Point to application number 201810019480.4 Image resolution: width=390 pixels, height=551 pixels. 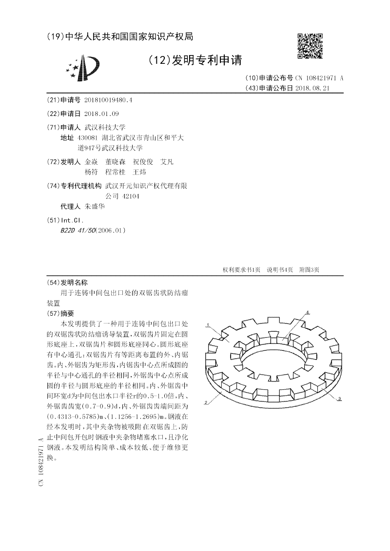coord(108,100)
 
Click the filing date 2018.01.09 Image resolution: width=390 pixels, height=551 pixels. coord(101,114)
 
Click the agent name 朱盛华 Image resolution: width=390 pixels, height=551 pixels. coord(95,206)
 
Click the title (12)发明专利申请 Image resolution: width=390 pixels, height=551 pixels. coord(195,60)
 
